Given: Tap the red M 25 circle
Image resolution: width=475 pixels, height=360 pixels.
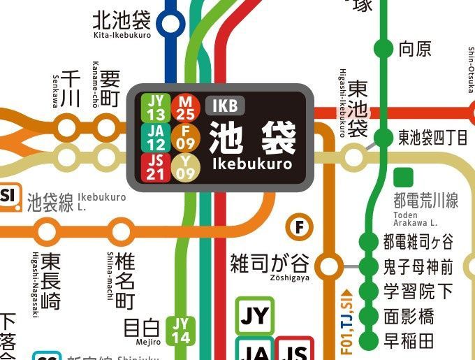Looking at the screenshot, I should (185, 107).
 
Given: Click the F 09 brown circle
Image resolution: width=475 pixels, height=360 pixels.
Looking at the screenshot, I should (185, 137).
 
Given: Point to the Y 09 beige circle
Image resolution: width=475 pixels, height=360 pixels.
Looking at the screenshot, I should (185, 168).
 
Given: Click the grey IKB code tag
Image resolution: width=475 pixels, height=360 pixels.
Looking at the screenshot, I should (226, 106).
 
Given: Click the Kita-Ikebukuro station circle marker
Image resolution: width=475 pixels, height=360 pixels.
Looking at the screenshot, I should (169, 24).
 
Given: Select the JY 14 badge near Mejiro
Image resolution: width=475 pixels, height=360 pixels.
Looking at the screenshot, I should (180, 329).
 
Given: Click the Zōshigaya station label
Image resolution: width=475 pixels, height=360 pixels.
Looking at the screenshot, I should (270, 264).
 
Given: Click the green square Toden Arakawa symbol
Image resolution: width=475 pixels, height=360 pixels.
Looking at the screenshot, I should (402, 176).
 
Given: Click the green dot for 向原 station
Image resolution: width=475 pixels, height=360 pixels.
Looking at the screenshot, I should (383, 49).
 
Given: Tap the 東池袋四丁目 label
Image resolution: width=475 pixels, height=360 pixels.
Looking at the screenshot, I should (433, 137).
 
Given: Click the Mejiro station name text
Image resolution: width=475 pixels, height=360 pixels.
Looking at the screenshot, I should (142, 328).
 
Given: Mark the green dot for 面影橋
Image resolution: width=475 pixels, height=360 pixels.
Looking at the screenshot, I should (367, 317).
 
